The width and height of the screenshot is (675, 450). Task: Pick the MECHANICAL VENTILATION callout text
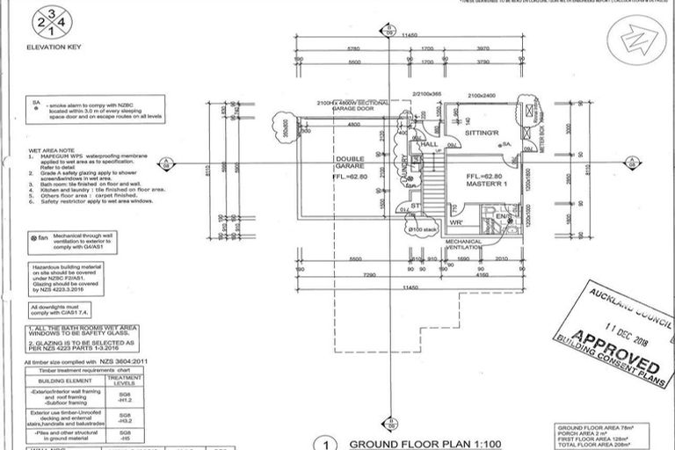point(465,244)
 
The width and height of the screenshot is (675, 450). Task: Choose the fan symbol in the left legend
point(40,237)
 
